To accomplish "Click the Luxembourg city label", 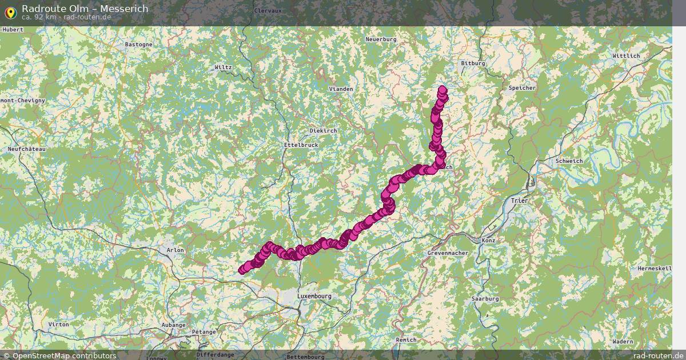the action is coord(314,297).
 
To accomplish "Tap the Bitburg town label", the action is coord(473,63).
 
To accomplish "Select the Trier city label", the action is coord(520,201).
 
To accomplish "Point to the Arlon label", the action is coord(175,250).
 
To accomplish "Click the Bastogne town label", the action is coord(138,44).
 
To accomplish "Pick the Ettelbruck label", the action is coord(301,145).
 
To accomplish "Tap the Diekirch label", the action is coord(323,131).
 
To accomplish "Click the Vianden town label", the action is coord(341,89).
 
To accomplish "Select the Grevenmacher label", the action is coord(448,253).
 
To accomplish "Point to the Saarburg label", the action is coord(485,299).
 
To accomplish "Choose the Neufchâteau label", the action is coord(27,149).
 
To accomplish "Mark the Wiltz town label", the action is coord(223,67).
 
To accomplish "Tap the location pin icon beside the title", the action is coord(10,11).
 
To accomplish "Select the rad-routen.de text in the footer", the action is coord(658,355).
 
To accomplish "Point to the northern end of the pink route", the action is coord(442,89).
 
